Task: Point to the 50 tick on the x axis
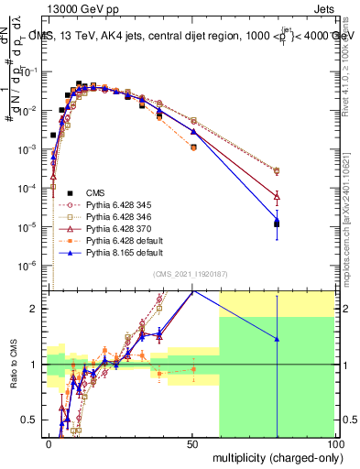tap(193, 442)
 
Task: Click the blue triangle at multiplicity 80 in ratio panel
tap(278, 339)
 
